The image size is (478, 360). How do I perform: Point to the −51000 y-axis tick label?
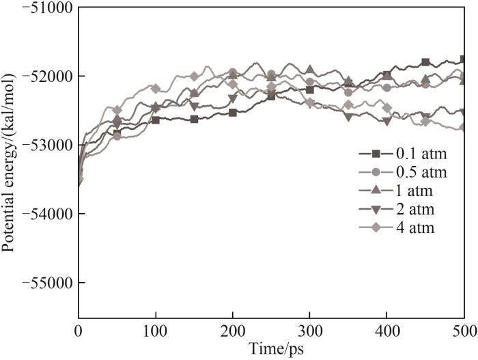pyautogui.click(x=47, y=7)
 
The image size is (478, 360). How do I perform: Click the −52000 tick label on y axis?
pyautogui.click(x=47, y=76)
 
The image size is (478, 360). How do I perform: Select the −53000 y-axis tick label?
pyautogui.click(x=47, y=145)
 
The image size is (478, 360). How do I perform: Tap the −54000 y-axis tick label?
pyautogui.click(x=47, y=214)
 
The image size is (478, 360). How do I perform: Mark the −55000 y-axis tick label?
pyautogui.click(x=47, y=283)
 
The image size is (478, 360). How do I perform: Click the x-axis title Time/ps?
pyautogui.click(x=272, y=348)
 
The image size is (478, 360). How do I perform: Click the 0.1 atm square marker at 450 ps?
pyautogui.click(x=425, y=62)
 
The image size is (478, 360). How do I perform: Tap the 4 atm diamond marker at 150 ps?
pyautogui.click(x=195, y=77)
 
